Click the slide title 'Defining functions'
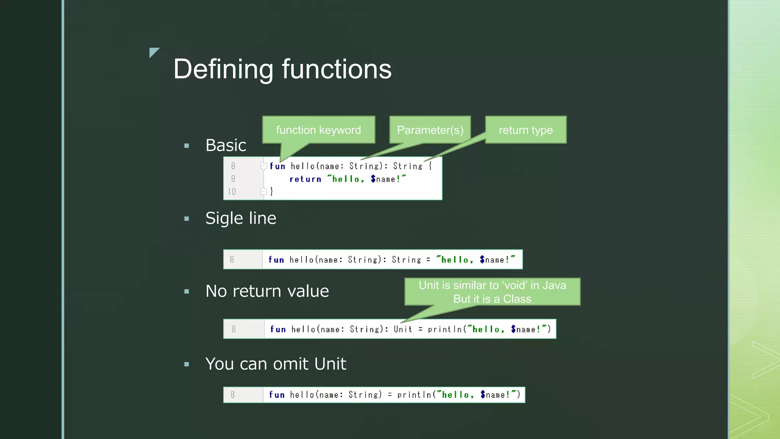(x=282, y=69)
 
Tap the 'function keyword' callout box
(x=318, y=130)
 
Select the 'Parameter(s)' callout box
(x=430, y=130)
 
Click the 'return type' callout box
(x=526, y=130)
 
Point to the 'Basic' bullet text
(x=225, y=145)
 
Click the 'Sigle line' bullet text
(x=241, y=218)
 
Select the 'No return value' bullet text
(x=267, y=291)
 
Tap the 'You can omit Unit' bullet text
(x=276, y=364)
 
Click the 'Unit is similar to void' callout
(x=492, y=292)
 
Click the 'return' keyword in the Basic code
(x=305, y=179)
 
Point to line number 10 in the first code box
(x=232, y=192)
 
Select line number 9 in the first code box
(x=233, y=179)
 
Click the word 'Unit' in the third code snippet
(x=403, y=329)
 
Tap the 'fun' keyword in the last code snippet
(x=277, y=395)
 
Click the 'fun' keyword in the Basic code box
(x=277, y=166)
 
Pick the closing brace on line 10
(x=272, y=191)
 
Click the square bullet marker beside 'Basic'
(x=187, y=146)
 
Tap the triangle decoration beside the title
(x=153, y=52)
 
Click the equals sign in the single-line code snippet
(x=428, y=260)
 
